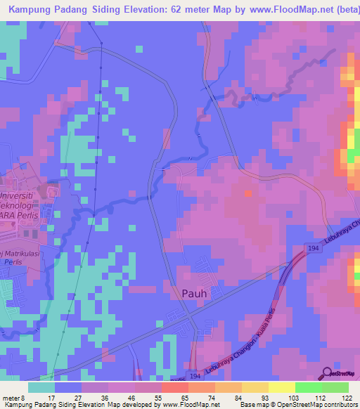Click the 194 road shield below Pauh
pyautogui.click(x=194, y=377)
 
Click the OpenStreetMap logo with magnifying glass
pyautogui.click(x=338, y=374)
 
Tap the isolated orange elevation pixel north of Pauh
pyautogui.click(x=246, y=193)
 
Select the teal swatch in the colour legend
pyautogui.click(x=41, y=387)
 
